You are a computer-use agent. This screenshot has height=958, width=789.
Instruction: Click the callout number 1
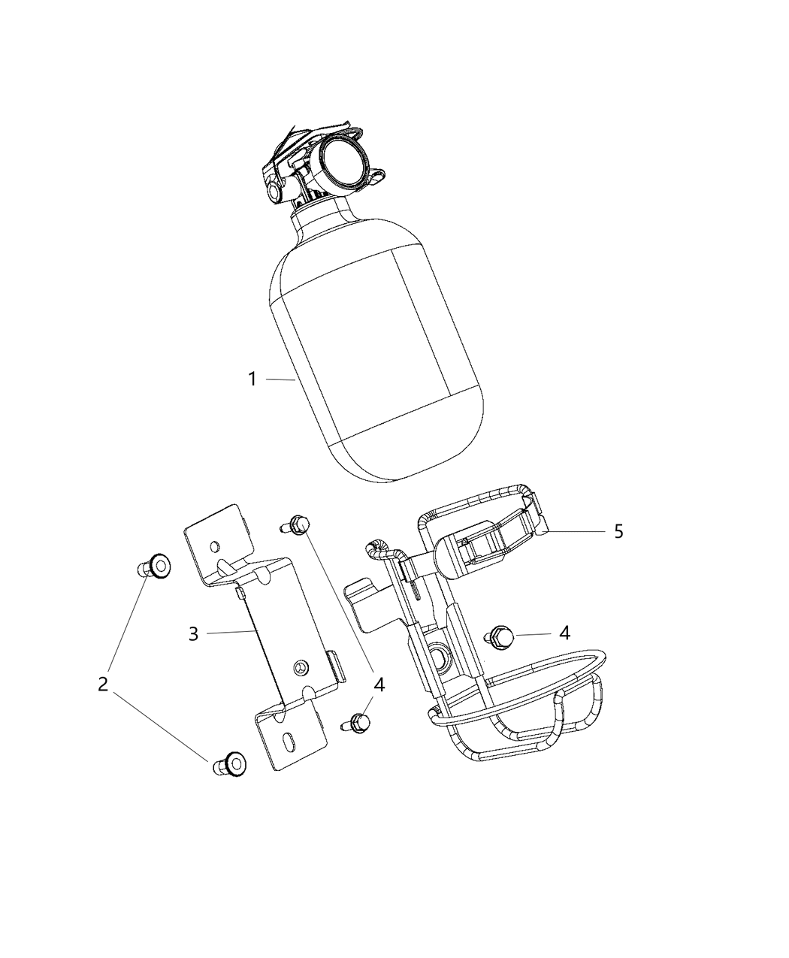[x=253, y=379]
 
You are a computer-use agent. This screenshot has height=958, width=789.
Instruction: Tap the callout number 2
[x=103, y=685]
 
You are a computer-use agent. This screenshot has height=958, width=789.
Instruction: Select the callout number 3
[x=193, y=633]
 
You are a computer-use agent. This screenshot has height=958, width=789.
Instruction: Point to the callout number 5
[x=618, y=531]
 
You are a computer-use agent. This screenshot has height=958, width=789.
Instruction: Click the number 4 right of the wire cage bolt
[x=564, y=633]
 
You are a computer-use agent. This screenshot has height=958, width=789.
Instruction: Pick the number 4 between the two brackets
[x=379, y=685]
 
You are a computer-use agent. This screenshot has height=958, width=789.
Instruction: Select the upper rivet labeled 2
[x=156, y=565]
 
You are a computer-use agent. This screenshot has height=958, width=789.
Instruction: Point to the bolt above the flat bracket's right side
[x=298, y=524]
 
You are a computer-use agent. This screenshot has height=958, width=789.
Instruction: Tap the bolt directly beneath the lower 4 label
[x=360, y=723]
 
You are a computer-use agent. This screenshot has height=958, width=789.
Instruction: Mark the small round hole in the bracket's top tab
[x=215, y=544]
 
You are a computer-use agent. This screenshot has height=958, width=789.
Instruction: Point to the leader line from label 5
[x=579, y=531]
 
